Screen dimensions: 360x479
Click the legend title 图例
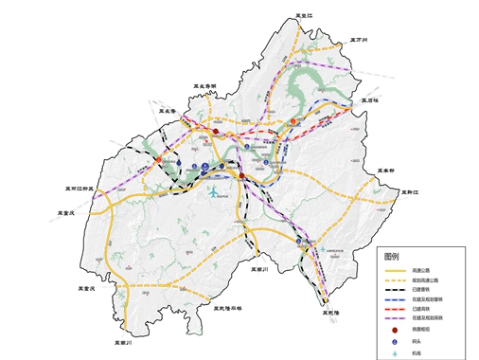[x=392, y=257]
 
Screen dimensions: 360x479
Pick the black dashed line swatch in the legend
[x=397, y=291]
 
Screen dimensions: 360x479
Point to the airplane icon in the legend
[x=397, y=355]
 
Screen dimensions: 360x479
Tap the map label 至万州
[x=364, y=40]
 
